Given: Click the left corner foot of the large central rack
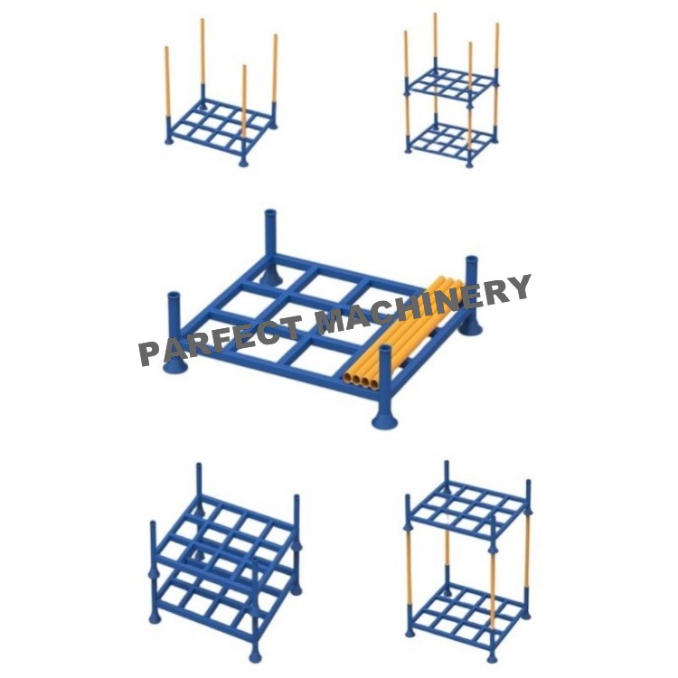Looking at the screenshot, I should (x=174, y=362).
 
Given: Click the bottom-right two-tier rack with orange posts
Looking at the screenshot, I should (x=466, y=560).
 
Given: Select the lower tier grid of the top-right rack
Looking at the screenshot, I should (x=451, y=140).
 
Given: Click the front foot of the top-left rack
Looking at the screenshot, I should (x=243, y=162).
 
